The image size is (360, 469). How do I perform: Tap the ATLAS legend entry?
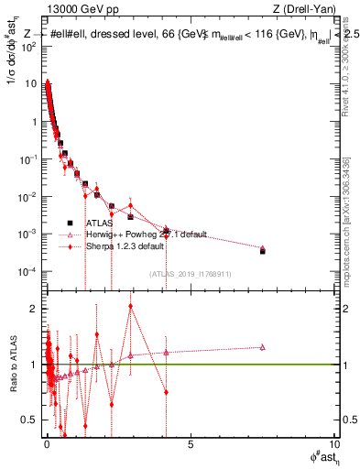click(x=100, y=223)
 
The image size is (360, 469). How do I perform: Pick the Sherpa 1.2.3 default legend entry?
click(x=125, y=246)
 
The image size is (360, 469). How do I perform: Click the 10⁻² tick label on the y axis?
click(x=28, y=197)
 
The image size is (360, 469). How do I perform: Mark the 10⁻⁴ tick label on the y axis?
click(x=28, y=272)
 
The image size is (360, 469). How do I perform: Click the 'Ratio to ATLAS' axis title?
click(x=13, y=365)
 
